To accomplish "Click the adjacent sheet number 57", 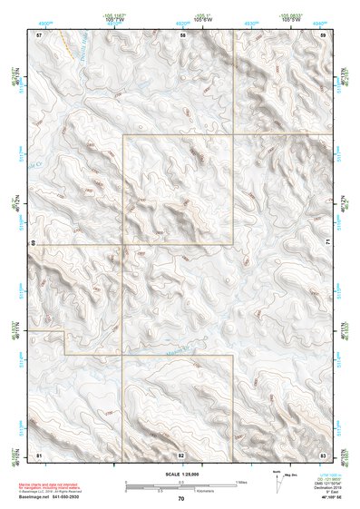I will (39, 34).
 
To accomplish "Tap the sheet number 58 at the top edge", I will (182, 34).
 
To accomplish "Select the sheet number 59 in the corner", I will (324, 34).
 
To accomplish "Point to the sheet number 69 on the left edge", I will (34, 243).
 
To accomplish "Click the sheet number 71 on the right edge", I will (327, 243).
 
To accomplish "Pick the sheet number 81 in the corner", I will (39, 454).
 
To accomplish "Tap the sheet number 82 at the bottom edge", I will (180, 454).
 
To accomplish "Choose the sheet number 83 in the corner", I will (323, 454).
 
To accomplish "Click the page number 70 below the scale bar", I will (181, 499).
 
